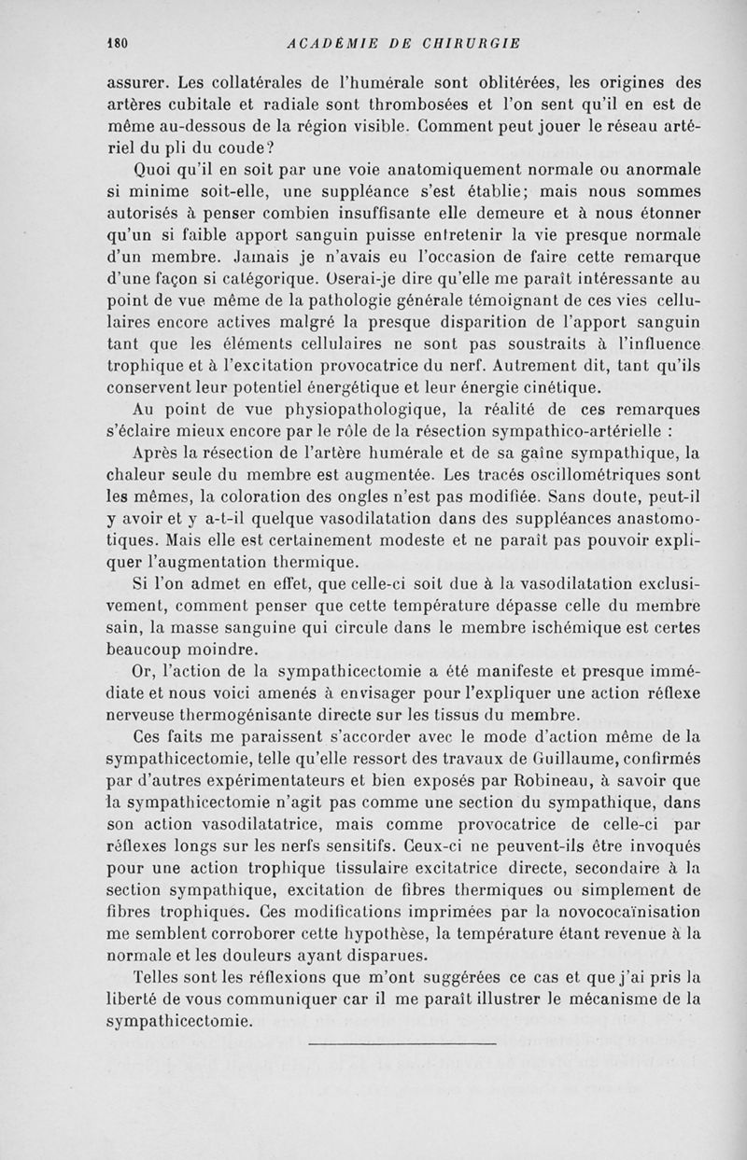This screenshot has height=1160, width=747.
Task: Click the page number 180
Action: pos(117,43)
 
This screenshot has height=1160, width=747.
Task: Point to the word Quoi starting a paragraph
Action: pos(154,172)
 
